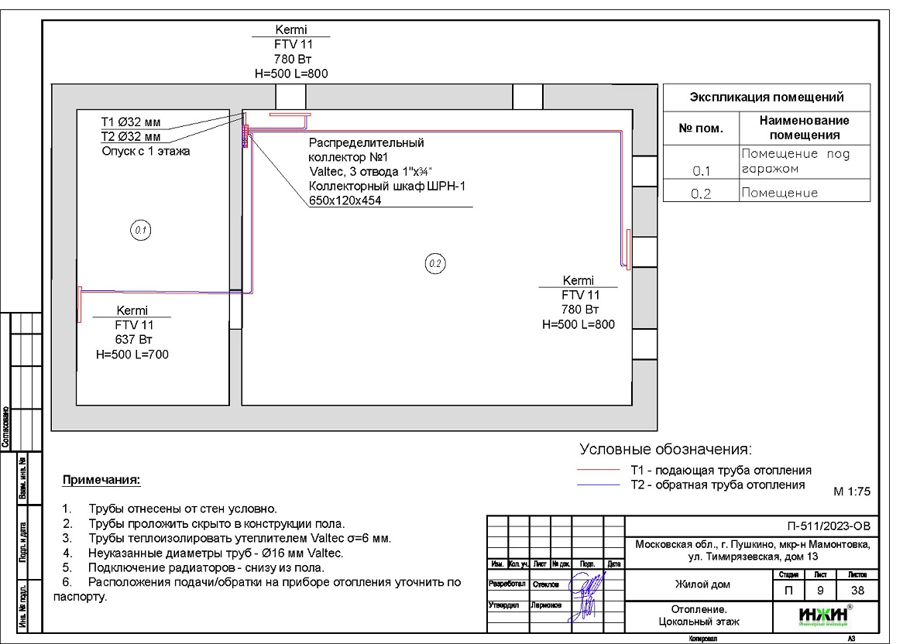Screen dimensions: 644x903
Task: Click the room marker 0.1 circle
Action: click(141, 230)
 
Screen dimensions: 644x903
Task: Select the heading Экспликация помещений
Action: click(766, 98)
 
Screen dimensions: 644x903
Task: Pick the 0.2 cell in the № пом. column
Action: click(701, 194)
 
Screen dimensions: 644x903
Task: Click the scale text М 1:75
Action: click(852, 492)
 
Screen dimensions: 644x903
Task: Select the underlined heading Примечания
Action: click(101, 481)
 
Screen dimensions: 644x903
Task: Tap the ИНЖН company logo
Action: click(819, 616)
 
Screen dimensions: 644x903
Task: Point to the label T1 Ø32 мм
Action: click(131, 122)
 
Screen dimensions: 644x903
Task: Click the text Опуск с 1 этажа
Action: click(146, 152)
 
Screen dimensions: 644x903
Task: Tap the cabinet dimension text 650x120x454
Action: click(345, 200)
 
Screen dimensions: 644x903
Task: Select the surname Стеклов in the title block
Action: click(544, 584)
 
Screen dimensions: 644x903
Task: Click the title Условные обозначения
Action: click(666, 450)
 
